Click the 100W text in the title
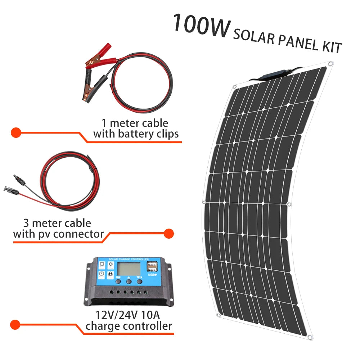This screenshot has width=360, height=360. [200, 26]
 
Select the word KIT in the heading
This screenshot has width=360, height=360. [328, 47]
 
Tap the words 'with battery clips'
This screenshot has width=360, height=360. [136, 134]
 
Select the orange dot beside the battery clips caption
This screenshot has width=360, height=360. [15, 132]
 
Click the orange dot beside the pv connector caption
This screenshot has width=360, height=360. [168, 234]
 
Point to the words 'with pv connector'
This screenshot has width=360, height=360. [58, 234]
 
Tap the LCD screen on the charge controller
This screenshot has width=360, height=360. [128, 269]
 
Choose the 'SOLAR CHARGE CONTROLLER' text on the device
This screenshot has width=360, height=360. [129, 259]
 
